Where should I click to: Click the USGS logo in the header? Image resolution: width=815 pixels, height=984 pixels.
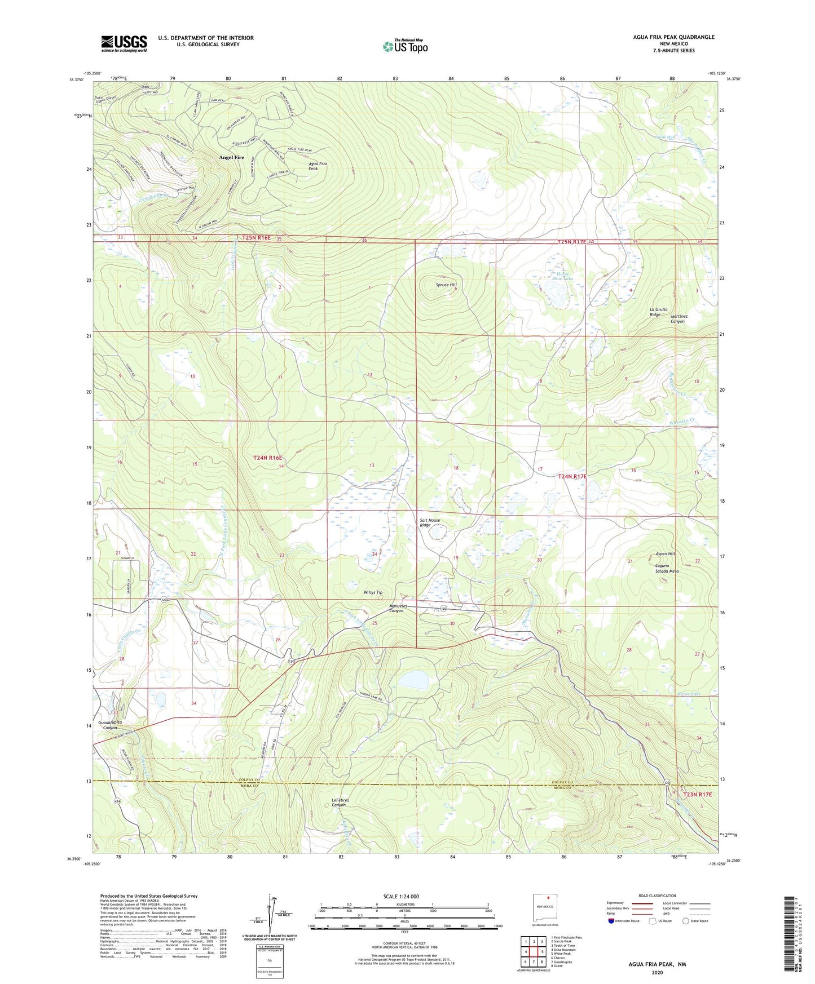click(x=124, y=43)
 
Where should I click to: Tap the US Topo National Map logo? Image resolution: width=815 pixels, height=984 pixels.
click(x=405, y=46)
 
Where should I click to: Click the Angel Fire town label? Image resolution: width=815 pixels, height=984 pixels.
click(x=232, y=158)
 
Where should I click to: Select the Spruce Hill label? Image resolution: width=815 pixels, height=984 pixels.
click(x=446, y=285)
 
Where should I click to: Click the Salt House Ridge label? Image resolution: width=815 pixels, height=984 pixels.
click(x=429, y=522)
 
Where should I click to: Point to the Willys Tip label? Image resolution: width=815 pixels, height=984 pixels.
click(x=373, y=592)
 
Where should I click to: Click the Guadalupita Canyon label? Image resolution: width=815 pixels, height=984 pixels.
click(x=110, y=725)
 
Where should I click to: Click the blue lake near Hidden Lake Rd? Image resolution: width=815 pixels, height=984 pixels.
click(x=415, y=680)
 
